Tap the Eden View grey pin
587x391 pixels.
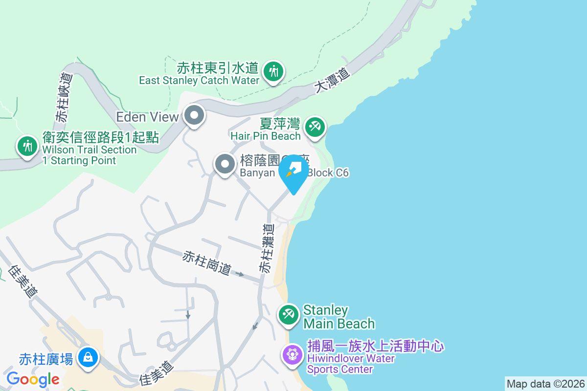(194, 116)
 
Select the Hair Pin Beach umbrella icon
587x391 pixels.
(315, 128)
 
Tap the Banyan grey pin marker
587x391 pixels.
(225, 165)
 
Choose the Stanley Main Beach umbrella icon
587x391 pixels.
(289, 315)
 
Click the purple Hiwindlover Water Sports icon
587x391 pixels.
(293, 354)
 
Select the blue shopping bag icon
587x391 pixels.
(88, 358)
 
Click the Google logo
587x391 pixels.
(33, 379)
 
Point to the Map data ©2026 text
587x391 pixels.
(545, 384)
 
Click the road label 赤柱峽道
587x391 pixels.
(64, 97)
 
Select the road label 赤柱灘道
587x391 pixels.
(266, 248)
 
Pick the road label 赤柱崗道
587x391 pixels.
(207, 262)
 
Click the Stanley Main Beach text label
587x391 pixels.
(339, 317)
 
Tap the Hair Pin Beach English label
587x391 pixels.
(265, 136)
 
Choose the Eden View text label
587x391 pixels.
(147, 117)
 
